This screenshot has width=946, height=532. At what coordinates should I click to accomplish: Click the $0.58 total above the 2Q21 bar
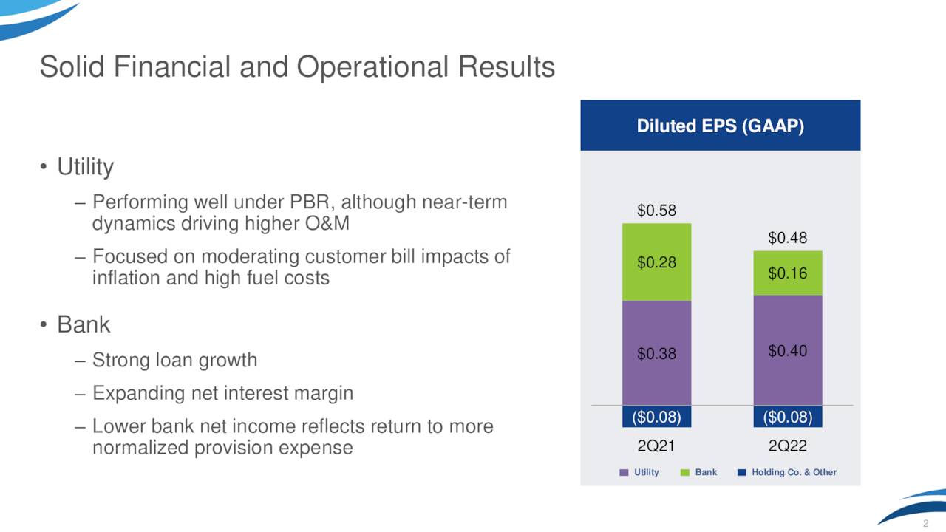coord(656,211)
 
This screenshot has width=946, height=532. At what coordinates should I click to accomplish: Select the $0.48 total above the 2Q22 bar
coord(787,238)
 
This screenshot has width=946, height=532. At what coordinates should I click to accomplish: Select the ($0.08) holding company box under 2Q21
coord(656,417)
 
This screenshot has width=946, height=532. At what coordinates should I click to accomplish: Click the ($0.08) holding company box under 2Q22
coord(787,417)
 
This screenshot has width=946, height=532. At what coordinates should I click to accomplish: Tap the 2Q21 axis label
coord(656,446)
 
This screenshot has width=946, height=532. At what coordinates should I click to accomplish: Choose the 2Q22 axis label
coord(787,446)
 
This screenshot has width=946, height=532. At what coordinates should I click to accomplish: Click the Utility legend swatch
coord(624,472)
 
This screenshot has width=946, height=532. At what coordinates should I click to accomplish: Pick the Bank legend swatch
coord(684,472)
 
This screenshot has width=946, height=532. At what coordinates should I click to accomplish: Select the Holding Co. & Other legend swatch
coord(741,472)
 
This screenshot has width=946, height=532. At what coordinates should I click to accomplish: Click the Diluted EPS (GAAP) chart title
coord(720,126)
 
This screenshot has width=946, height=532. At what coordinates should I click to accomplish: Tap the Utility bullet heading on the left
coord(86,168)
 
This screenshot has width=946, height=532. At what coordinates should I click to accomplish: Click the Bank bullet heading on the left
coord(84,324)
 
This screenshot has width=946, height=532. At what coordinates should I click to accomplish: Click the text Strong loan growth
coord(175,361)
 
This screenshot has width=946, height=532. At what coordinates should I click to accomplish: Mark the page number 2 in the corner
coord(925,524)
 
